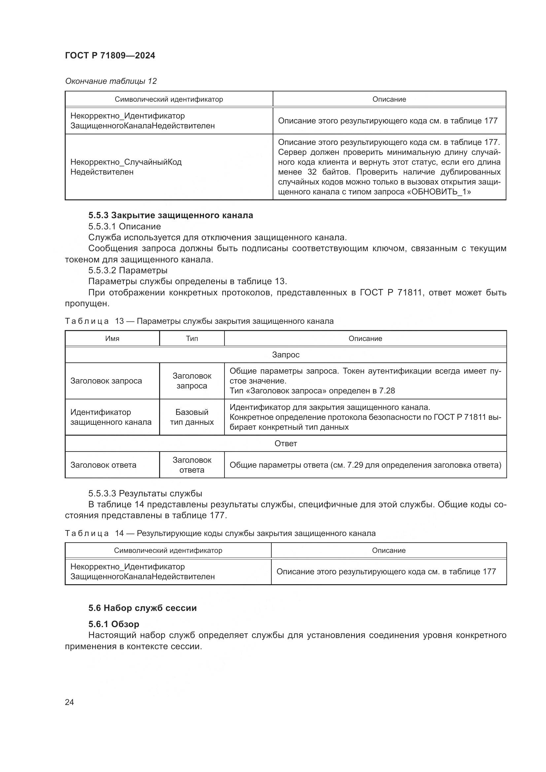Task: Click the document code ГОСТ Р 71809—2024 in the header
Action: coord(110,56)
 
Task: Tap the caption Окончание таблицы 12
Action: coord(111,81)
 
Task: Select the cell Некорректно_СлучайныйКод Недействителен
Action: coord(126,167)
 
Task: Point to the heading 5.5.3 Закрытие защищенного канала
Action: coord(170,215)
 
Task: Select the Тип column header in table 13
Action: coord(192,339)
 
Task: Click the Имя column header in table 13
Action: coord(112,339)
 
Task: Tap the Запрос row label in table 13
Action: coord(286,355)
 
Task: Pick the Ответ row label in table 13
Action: coord(286,444)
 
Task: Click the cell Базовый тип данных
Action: coord(192,417)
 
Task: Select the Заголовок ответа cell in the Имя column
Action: coord(103,465)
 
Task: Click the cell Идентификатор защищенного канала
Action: coord(111,417)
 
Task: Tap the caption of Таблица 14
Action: coord(220,533)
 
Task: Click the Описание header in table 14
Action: coord(388,551)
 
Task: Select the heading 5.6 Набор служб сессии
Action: coord(142,608)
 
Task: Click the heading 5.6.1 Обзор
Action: coord(114,624)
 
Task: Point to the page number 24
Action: coord(69,702)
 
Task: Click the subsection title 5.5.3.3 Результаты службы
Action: coord(145,493)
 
